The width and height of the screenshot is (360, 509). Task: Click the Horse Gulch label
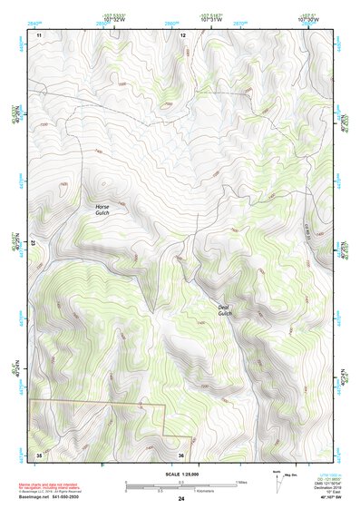tap(102, 210)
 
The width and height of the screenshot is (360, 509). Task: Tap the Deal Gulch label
tap(224, 310)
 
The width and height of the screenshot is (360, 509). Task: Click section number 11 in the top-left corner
tap(39, 34)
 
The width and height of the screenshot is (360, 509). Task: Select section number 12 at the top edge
tap(182, 34)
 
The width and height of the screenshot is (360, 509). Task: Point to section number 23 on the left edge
tap(34, 243)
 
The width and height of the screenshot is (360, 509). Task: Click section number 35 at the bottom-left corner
tap(39, 455)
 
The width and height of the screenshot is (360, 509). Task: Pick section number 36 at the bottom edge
tap(181, 455)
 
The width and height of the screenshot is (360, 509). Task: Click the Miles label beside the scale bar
tap(241, 482)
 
